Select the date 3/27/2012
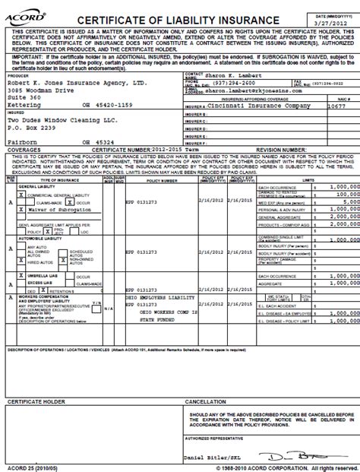pos(331,22)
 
